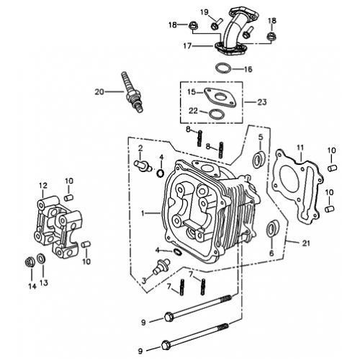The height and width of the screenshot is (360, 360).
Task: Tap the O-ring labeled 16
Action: click(x=223, y=70)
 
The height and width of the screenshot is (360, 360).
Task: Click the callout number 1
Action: click(x=144, y=213)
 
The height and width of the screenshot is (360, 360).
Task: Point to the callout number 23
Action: click(x=262, y=102)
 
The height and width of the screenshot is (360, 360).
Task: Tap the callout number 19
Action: click(x=204, y=12)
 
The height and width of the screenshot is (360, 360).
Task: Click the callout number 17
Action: click(x=186, y=45)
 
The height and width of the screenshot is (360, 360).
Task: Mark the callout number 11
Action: click(x=300, y=147)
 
